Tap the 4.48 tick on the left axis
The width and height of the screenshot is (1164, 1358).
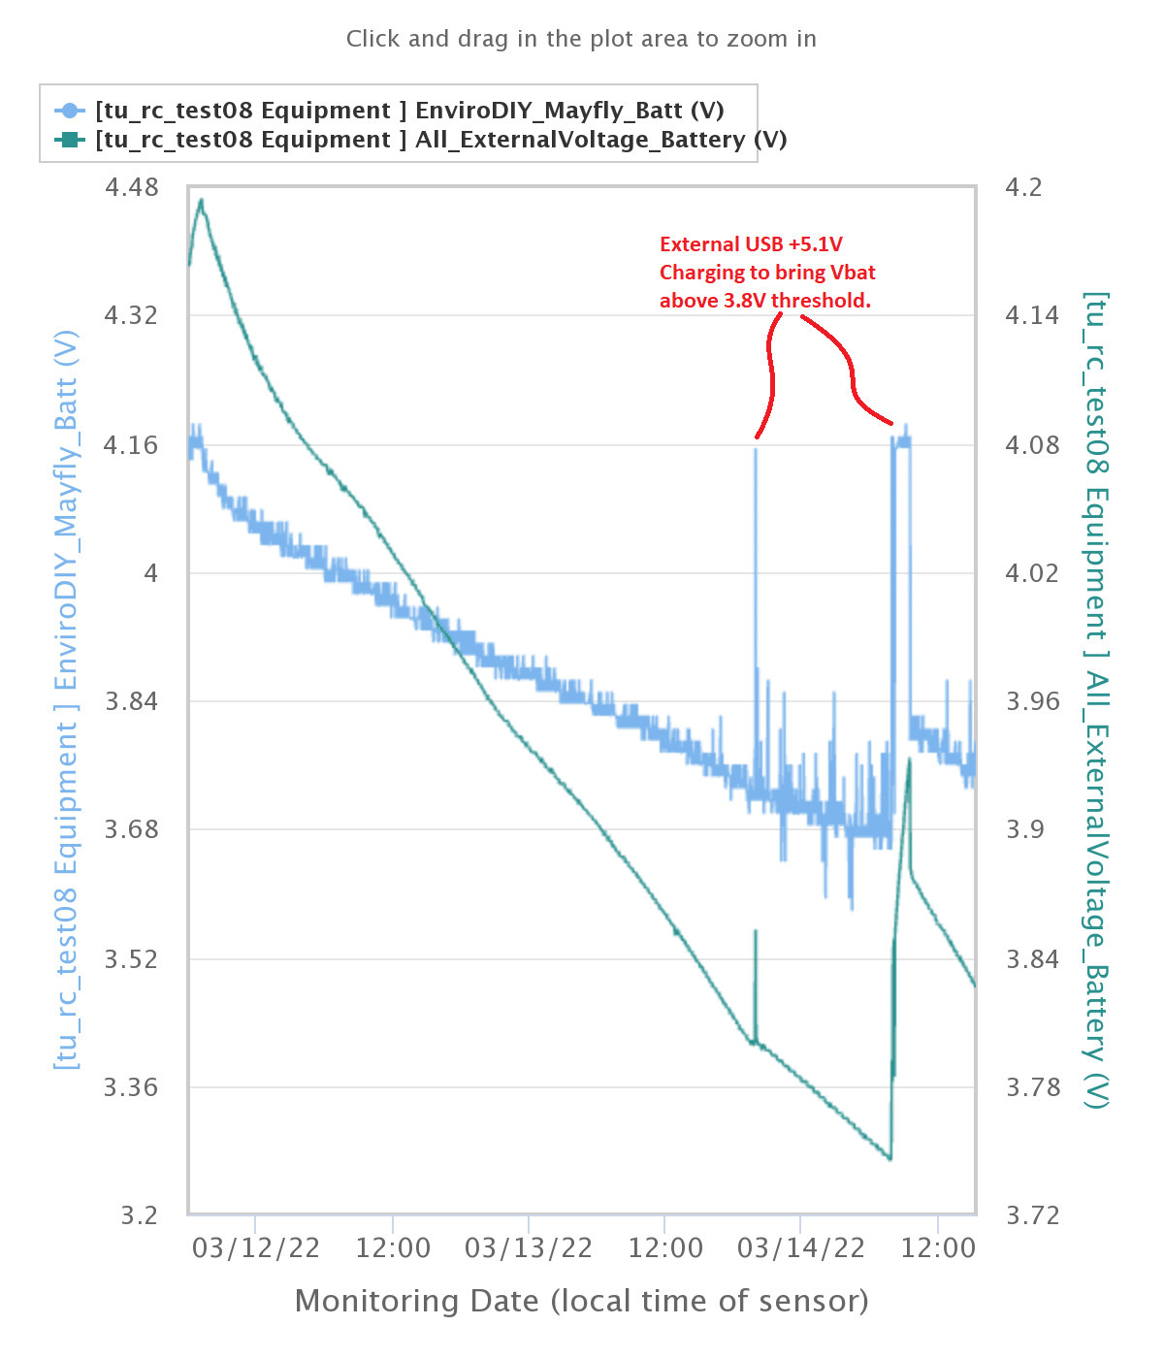tap(132, 186)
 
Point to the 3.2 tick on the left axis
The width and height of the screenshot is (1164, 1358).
tap(139, 1215)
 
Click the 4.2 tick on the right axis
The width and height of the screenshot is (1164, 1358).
tap(1023, 186)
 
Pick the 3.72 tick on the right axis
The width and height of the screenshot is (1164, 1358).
tap(1032, 1215)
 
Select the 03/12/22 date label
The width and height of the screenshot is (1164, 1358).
tap(256, 1247)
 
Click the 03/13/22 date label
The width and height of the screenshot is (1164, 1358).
tap(529, 1247)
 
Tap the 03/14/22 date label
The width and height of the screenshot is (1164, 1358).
tap(801, 1247)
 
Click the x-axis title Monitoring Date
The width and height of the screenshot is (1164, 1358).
tap(581, 1301)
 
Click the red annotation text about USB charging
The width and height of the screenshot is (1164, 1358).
tap(766, 273)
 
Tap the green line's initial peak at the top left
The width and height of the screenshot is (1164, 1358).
tap(201, 200)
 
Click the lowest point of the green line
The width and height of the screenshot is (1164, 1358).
tap(889, 1158)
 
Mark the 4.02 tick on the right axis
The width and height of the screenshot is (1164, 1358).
tap(1032, 572)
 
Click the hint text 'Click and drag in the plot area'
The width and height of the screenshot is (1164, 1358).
tap(581, 39)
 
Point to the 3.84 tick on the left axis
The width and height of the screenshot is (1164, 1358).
tap(132, 700)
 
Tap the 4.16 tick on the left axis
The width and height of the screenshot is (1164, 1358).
tap(132, 445)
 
